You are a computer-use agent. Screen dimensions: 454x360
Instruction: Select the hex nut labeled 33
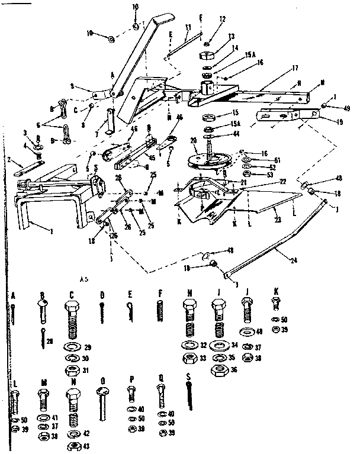click(189, 357)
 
